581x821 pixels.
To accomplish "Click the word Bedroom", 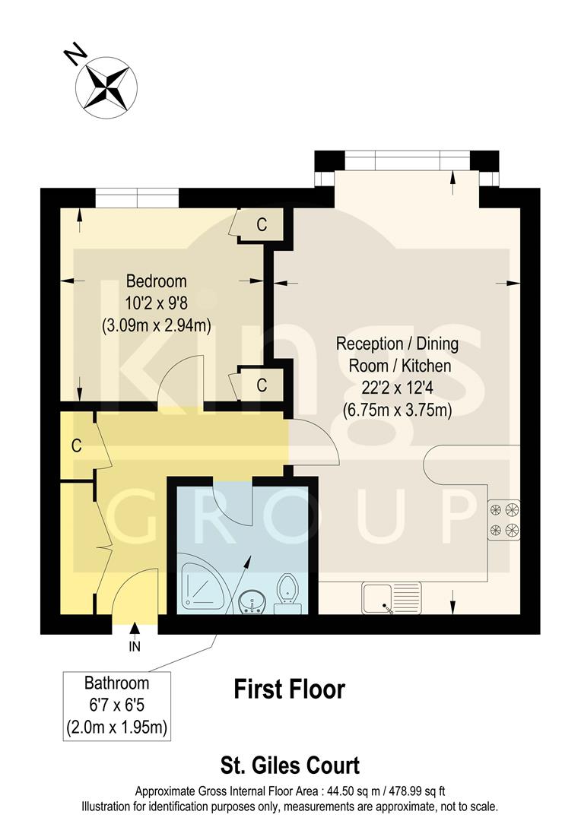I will (x=156, y=281).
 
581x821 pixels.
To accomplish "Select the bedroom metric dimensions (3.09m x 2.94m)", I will (x=156, y=325).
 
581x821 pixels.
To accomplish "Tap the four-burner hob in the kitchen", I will (x=503, y=519).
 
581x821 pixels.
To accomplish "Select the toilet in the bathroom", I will (x=287, y=593).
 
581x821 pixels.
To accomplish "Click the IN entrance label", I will (x=135, y=648).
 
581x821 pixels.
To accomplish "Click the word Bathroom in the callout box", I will (x=116, y=683).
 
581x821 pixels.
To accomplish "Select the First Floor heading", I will (x=289, y=689).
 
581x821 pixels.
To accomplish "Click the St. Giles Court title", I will (x=290, y=764).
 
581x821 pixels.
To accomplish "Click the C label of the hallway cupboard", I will (x=76, y=446).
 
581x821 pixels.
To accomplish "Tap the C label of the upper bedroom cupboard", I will (x=261, y=225).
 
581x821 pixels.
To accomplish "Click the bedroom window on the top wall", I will (x=137, y=198).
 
